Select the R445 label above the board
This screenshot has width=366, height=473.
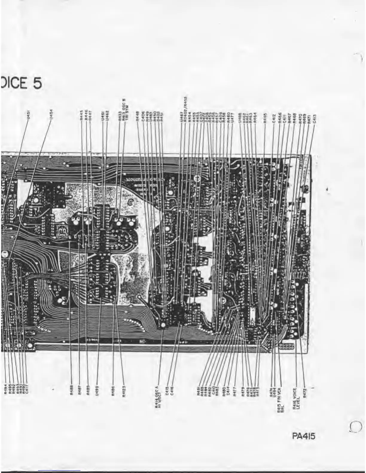click(81, 115)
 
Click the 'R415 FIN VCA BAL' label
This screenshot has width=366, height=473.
click(280, 396)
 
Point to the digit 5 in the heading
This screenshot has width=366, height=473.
click(37, 83)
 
